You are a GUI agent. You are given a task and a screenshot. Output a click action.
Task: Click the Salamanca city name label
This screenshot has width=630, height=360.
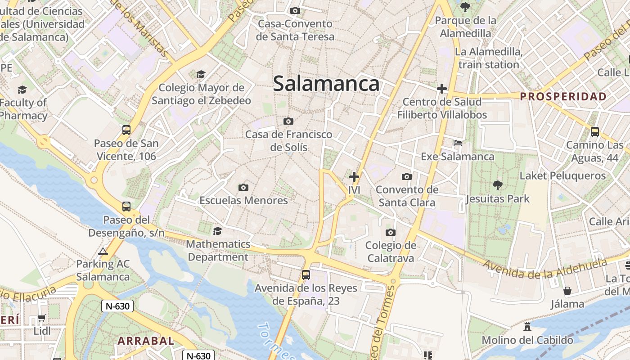click(x=326, y=84)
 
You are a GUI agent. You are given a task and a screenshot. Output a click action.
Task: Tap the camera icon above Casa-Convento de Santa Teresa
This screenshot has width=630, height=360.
click(x=295, y=10)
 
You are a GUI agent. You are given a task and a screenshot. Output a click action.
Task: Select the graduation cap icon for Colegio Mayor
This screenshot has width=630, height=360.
click(x=201, y=74)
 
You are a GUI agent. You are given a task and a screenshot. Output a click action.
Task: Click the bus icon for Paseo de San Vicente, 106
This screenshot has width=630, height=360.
click(x=126, y=130)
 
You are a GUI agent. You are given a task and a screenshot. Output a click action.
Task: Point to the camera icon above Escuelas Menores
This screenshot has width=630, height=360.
click(x=243, y=187)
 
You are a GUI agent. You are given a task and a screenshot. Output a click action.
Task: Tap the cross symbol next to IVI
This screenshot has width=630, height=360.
click(x=354, y=177)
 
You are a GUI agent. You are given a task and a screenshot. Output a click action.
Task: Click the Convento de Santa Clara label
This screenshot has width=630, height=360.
click(x=407, y=196)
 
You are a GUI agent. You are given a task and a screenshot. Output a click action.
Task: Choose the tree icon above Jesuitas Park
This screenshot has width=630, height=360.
click(x=497, y=185)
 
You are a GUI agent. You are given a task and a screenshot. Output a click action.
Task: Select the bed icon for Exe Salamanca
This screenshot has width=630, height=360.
click(x=458, y=144)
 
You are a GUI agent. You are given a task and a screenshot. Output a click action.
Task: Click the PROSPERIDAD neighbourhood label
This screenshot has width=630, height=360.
click(x=563, y=96)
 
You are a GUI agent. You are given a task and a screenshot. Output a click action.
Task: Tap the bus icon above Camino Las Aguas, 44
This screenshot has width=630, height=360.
click(x=595, y=132)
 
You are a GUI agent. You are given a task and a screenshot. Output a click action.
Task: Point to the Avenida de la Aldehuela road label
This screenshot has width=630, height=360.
click(x=545, y=268)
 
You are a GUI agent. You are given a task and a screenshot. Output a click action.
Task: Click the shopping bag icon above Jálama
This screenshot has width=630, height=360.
click(x=567, y=291)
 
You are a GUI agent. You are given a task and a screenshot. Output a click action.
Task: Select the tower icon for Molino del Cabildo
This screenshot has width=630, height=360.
click(x=527, y=327)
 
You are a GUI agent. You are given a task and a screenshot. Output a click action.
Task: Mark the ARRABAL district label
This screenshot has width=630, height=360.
click(x=146, y=341)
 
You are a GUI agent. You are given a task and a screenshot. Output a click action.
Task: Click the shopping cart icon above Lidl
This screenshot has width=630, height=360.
click(x=42, y=318)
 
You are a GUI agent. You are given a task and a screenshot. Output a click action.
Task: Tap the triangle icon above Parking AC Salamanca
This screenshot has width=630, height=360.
click(x=103, y=251)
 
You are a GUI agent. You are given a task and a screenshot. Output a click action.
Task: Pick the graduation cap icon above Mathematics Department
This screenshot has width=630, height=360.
click(x=218, y=231)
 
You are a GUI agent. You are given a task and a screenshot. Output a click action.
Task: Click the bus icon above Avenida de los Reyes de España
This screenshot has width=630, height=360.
click(x=306, y=274)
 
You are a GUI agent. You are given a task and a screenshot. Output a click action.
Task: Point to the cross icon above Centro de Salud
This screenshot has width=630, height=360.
click(x=441, y=89)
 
